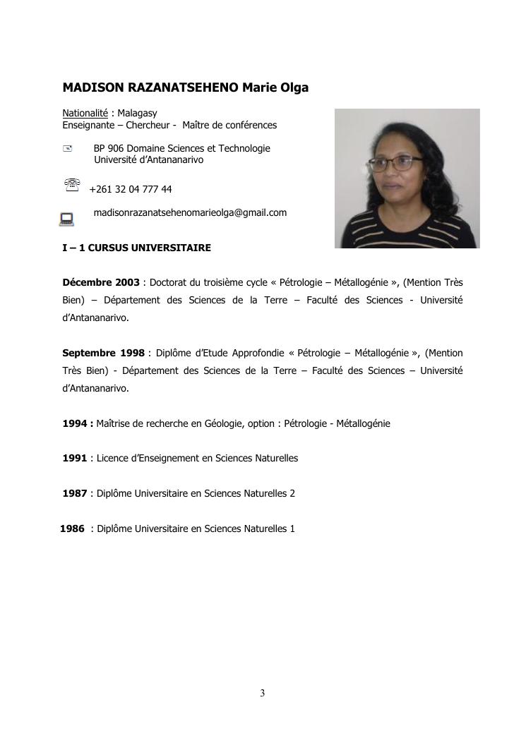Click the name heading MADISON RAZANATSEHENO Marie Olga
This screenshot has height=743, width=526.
(185, 88)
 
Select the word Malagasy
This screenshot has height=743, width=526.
(138, 113)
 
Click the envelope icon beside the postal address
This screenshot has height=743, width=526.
(68, 148)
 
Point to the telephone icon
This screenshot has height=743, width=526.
(71, 186)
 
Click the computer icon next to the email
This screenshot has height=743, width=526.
(67, 219)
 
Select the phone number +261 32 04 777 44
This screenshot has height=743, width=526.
(131, 189)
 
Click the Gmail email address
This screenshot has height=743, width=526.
(190, 212)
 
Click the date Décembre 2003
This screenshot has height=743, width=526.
(101, 282)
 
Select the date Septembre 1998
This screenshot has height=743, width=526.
(103, 353)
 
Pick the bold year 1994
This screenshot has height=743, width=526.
(75, 423)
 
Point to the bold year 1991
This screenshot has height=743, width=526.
(75, 458)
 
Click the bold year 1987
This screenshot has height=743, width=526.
(75, 493)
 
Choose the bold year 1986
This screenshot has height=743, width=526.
(73, 528)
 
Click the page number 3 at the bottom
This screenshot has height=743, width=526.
(263, 693)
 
